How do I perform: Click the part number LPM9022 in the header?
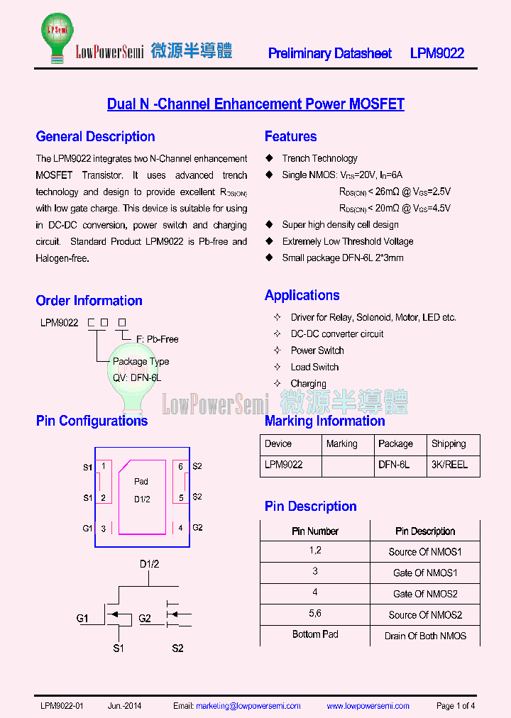[437, 53]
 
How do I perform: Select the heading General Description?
[95, 136]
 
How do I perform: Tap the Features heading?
[290, 136]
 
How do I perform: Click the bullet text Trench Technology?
[319, 158]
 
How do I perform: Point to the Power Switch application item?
[317, 350]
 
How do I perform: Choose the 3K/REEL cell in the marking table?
[449, 465]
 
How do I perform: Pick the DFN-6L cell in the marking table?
[394, 465]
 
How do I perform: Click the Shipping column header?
[449, 443]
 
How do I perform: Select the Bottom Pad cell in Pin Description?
[315, 634]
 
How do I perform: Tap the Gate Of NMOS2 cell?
[425, 594]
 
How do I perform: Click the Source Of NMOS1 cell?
[425, 552]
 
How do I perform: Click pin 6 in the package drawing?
[181, 466]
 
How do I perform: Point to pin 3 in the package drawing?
[103, 528]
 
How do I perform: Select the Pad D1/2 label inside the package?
[142, 490]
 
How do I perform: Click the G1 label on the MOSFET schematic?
[82, 619]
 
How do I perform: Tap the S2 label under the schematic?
[177, 648]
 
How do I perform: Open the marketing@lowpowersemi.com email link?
[248, 706]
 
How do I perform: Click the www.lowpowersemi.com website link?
[368, 706]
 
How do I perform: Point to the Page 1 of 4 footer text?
[456, 706]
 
